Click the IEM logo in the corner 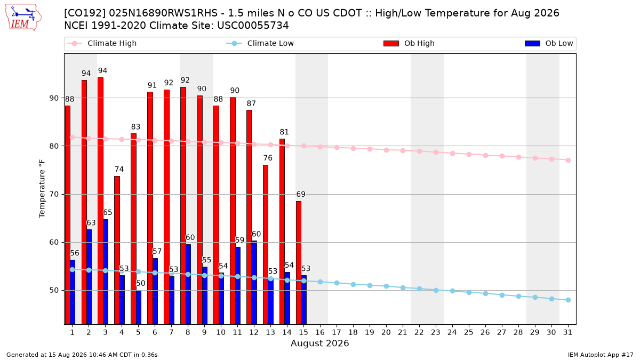pos(23,18)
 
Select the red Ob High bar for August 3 pos(101,201)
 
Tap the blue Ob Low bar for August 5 pos(139,307)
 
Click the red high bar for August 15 pos(299,263)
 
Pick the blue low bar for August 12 pos(254,283)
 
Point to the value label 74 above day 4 pos(119,169)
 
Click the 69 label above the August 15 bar pos(301,194)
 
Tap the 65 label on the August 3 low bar pos(107,213)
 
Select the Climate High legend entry pos(101,43)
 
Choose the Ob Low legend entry pos(549,43)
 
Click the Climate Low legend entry pos(260,43)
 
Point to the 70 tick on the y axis pos(54,194)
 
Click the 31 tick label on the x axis pos(567,332)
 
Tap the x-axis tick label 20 pos(386,332)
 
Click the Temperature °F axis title pos(42,189)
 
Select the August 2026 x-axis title pos(319,343)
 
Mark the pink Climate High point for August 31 pos(568,161)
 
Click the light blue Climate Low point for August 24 pos(452,291)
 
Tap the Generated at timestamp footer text pos(82,355)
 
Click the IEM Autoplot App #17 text pos(601,355)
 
